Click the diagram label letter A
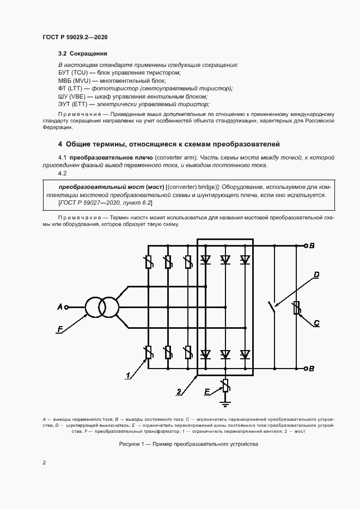tap(60, 308)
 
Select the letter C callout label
tap(316, 323)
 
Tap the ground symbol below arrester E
tap(224, 403)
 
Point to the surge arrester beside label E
tap(224, 387)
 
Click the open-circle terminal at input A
tap(67, 308)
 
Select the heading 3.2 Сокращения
tap(82, 54)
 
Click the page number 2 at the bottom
tap(44, 463)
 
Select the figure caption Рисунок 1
tap(188, 444)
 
